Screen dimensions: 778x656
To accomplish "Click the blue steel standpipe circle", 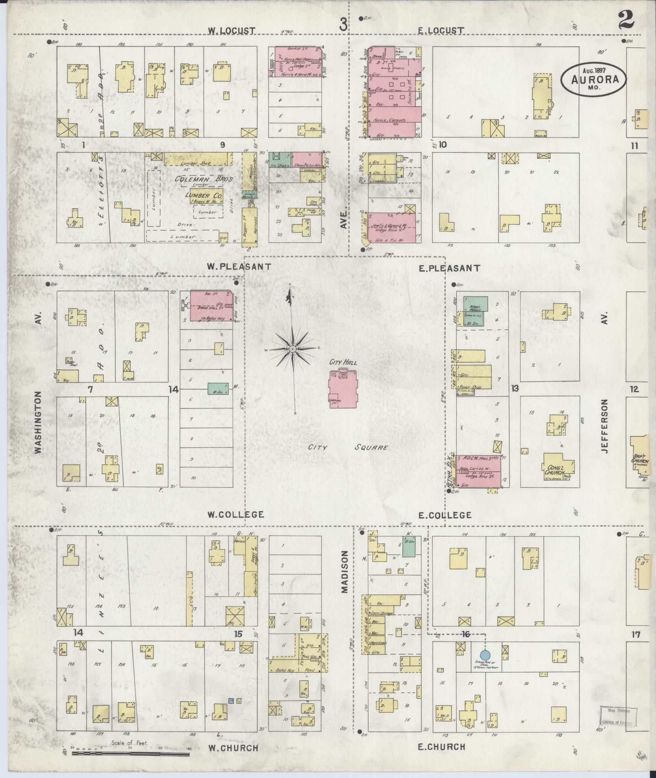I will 485,655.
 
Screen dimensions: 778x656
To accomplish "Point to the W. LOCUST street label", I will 231,31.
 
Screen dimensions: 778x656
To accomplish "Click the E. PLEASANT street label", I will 449,268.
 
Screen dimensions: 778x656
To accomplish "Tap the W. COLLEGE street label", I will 235,514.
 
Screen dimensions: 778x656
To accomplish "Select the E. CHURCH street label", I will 441,746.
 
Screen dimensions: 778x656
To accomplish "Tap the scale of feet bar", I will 130,754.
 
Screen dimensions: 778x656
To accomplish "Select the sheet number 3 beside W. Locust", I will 343,26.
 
